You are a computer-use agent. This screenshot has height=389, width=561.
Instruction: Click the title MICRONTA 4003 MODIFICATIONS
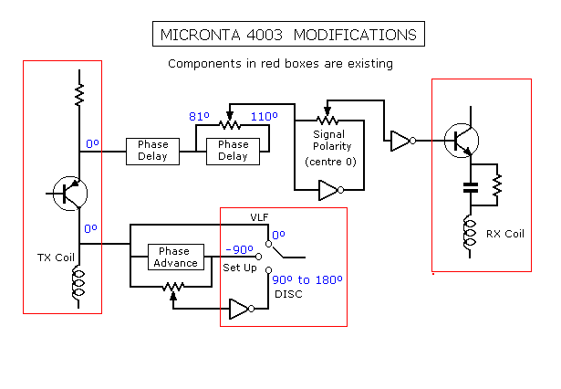[288, 35]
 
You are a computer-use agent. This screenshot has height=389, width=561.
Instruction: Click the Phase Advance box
[175, 257]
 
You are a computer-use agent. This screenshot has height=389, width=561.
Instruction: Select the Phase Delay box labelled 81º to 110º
[233, 150]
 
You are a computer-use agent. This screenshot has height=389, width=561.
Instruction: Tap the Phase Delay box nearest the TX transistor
[152, 150]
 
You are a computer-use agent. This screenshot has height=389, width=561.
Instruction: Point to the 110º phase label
[265, 117]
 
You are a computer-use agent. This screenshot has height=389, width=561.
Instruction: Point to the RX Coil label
[504, 233]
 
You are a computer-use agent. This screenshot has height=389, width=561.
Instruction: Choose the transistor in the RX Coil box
[462, 140]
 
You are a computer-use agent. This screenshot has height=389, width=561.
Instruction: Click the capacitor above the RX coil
[471, 188]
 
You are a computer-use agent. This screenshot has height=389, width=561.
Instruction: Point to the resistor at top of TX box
[79, 93]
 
